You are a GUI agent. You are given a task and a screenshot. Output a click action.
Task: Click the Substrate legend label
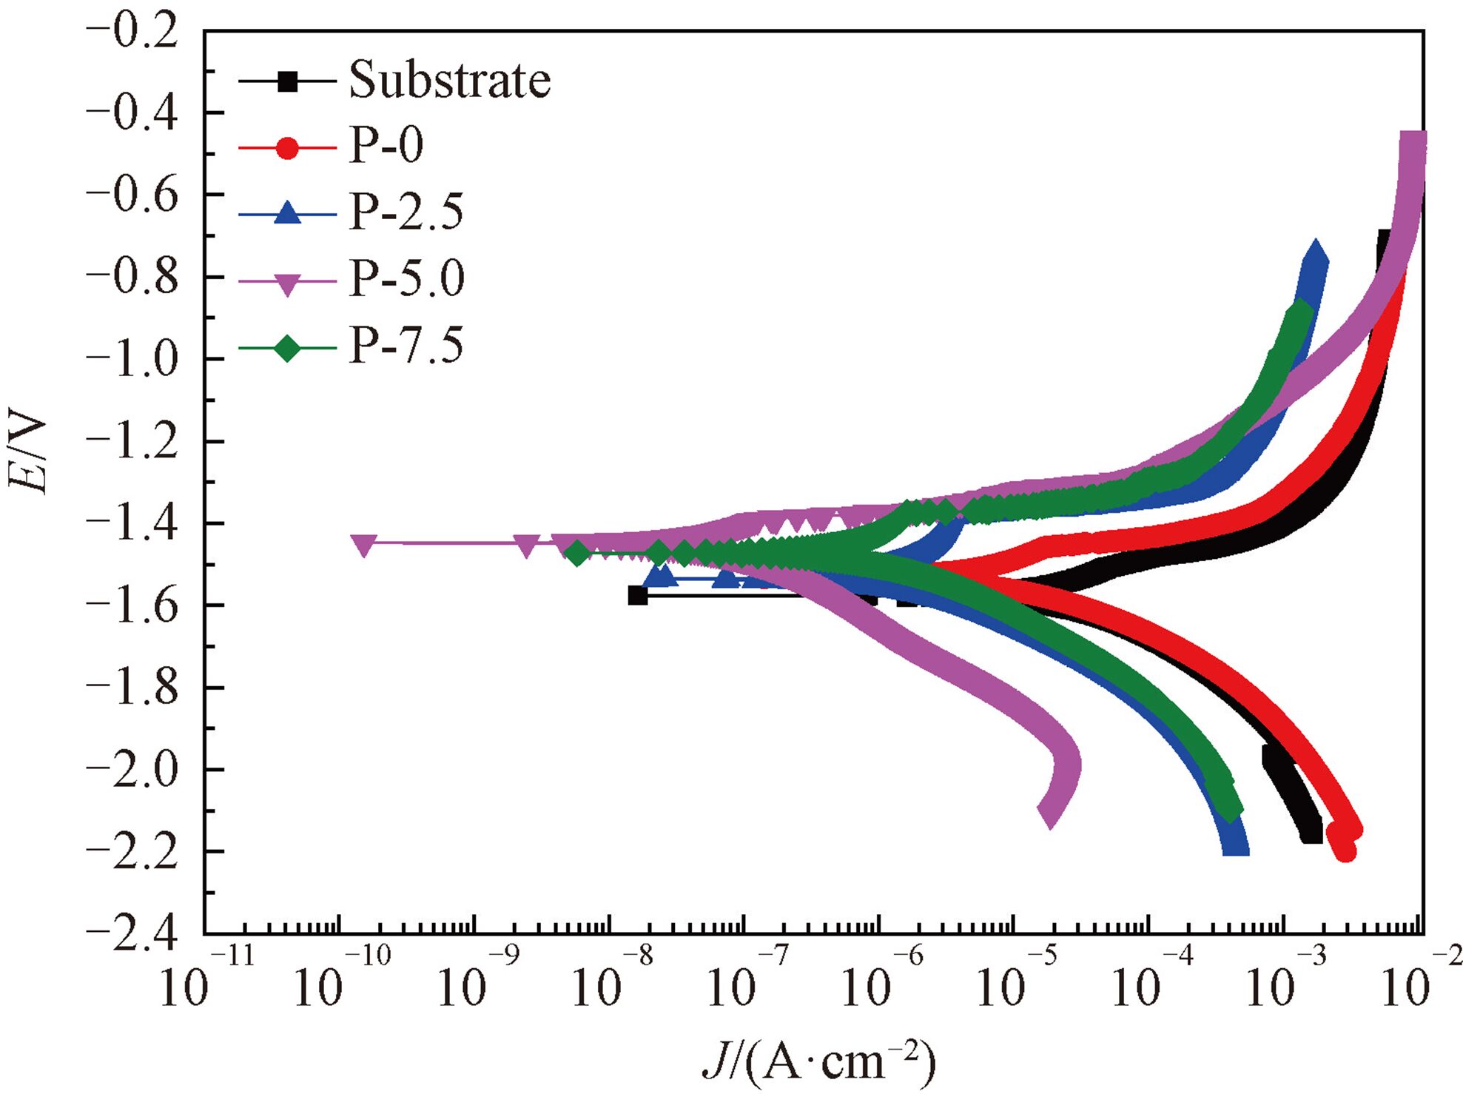pyautogui.click(x=449, y=80)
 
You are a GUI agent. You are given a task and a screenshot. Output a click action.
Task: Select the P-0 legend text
pyautogui.click(x=386, y=145)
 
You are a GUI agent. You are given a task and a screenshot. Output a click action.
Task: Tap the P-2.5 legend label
pyautogui.click(x=406, y=212)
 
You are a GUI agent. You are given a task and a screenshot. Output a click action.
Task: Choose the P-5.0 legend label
pyautogui.click(x=406, y=279)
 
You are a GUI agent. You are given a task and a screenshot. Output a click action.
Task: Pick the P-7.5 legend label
pyautogui.click(x=406, y=345)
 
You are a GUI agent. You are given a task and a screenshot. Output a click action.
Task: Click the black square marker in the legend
pyautogui.click(x=287, y=81)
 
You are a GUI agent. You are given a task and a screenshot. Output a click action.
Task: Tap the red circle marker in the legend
pyautogui.click(x=287, y=148)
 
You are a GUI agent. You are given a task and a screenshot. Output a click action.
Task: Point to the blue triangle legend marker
pyautogui.click(x=287, y=213)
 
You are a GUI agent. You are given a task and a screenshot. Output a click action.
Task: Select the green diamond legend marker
pyautogui.click(x=287, y=347)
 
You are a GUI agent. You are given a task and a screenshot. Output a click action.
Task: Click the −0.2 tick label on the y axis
pyautogui.click(x=132, y=33)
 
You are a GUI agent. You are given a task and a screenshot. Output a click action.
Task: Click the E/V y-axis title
pyautogui.click(x=28, y=452)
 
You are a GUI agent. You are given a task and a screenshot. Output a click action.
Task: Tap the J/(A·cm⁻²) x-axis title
pyautogui.click(x=818, y=1062)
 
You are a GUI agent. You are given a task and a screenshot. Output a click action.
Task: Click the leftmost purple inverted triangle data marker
pyautogui.click(x=363, y=545)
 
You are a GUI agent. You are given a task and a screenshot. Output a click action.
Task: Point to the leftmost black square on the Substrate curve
pyautogui.click(x=638, y=595)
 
